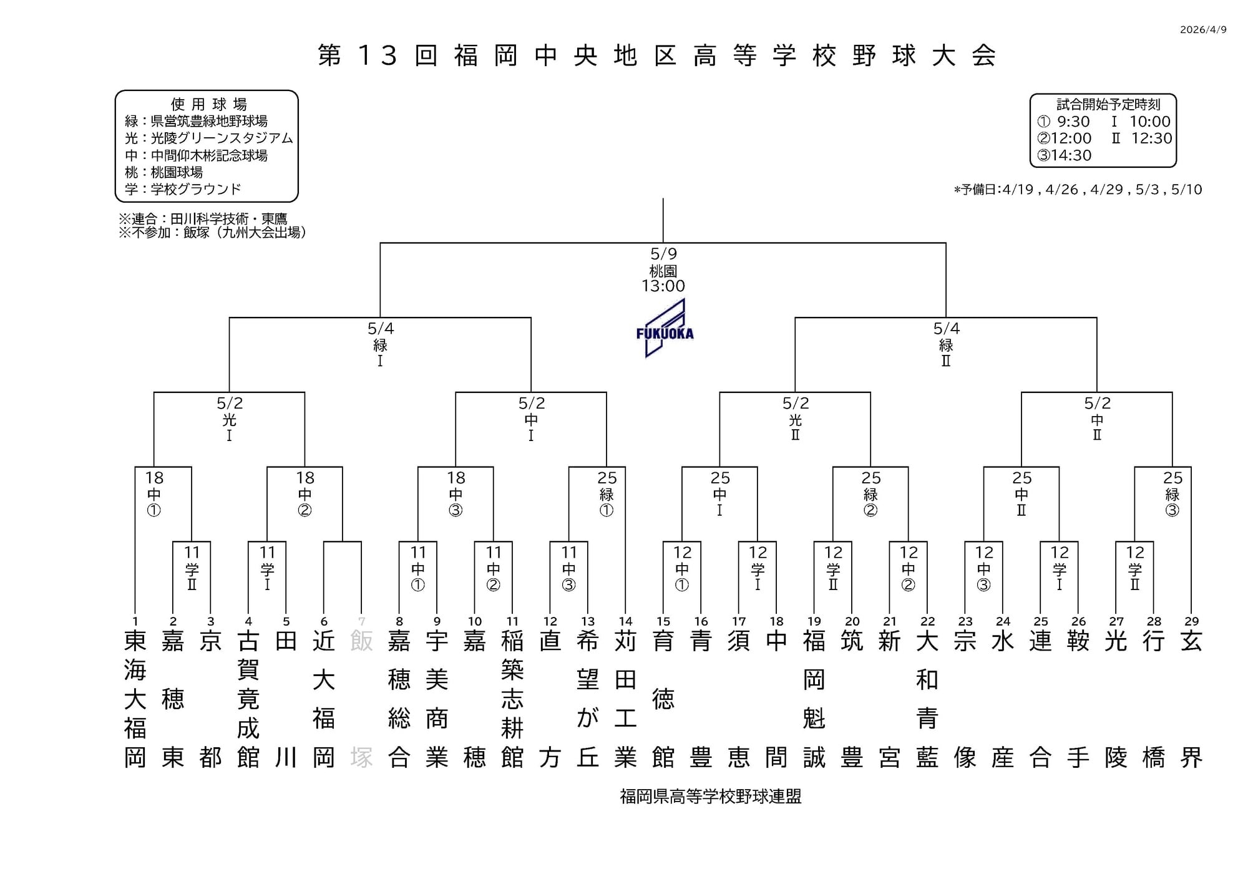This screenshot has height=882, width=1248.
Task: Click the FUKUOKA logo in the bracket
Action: [x=665, y=328]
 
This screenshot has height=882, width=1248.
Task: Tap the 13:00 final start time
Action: [x=663, y=286]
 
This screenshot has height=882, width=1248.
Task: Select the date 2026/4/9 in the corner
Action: [x=1203, y=30]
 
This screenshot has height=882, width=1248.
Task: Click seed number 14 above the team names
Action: [x=625, y=621]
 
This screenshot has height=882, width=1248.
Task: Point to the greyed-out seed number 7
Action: [x=361, y=621]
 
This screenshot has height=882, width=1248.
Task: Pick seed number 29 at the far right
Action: [x=1191, y=621]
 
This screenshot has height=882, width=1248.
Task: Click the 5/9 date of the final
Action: [x=663, y=254]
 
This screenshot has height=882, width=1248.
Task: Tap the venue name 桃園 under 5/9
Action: [x=663, y=271]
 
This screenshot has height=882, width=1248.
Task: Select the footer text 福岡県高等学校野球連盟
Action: [x=711, y=797]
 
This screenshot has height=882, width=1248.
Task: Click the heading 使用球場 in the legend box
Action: [x=208, y=104]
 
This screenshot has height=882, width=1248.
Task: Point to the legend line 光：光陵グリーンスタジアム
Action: [x=208, y=138]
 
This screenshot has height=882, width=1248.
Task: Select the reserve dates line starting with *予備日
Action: [x=1078, y=190]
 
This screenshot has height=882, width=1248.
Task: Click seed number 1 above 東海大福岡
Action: [x=135, y=621]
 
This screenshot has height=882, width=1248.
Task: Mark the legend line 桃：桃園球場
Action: [x=163, y=172]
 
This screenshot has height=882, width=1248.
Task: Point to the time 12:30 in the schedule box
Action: [x=1151, y=138]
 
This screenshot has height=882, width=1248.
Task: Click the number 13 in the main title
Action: [x=378, y=56]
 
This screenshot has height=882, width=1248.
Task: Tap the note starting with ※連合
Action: [x=203, y=219]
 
